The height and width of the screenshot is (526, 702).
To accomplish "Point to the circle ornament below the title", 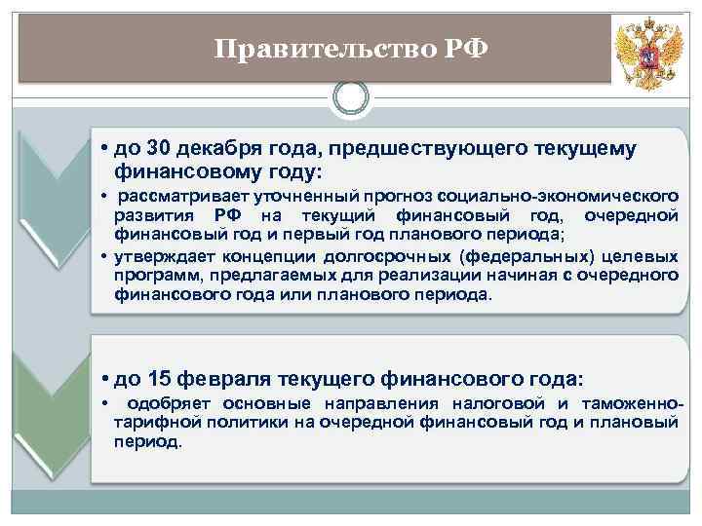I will click(x=350, y=97).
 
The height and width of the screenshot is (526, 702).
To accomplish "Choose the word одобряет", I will click(x=170, y=403).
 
